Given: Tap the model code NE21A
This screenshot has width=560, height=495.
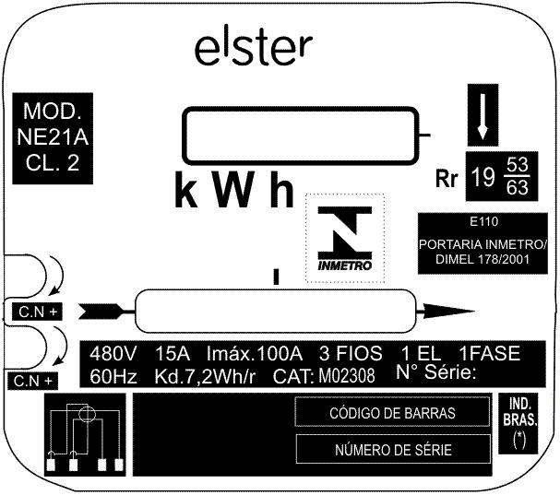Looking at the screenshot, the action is click(x=53, y=137).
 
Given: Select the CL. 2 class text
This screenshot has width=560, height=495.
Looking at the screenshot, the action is click(x=53, y=163).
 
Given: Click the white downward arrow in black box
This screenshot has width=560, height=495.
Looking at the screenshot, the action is click(x=483, y=116).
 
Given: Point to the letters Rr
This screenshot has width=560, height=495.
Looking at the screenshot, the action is click(x=447, y=178).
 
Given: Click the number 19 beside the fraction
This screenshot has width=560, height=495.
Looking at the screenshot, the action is click(x=483, y=177).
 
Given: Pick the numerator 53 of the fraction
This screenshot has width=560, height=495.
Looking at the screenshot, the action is click(x=518, y=165).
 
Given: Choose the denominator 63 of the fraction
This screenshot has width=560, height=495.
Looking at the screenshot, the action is click(x=518, y=188).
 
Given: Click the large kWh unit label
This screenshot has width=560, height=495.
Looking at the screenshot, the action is click(x=234, y=190).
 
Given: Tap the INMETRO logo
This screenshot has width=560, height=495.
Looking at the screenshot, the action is click(x=345, y=239).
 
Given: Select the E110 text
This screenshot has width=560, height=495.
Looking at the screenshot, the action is click(x=484, y=221).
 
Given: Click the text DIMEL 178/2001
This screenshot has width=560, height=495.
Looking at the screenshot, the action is click(x=483, y=259).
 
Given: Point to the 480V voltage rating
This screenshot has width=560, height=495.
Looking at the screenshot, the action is click(x=113, y=354).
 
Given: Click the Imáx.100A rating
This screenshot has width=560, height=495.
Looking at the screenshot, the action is click(x=255, y=354).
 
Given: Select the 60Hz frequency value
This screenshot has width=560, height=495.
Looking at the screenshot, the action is click(x=113, y=376).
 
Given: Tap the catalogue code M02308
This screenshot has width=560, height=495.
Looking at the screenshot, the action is click(x=347, y=376).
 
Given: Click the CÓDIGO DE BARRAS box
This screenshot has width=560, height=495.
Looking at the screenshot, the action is click(x=392, y=412).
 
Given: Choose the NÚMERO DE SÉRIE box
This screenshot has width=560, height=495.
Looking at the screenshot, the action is click(x=393, y=449).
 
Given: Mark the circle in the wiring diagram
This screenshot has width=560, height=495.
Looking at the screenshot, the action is click(x=87, y=407).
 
